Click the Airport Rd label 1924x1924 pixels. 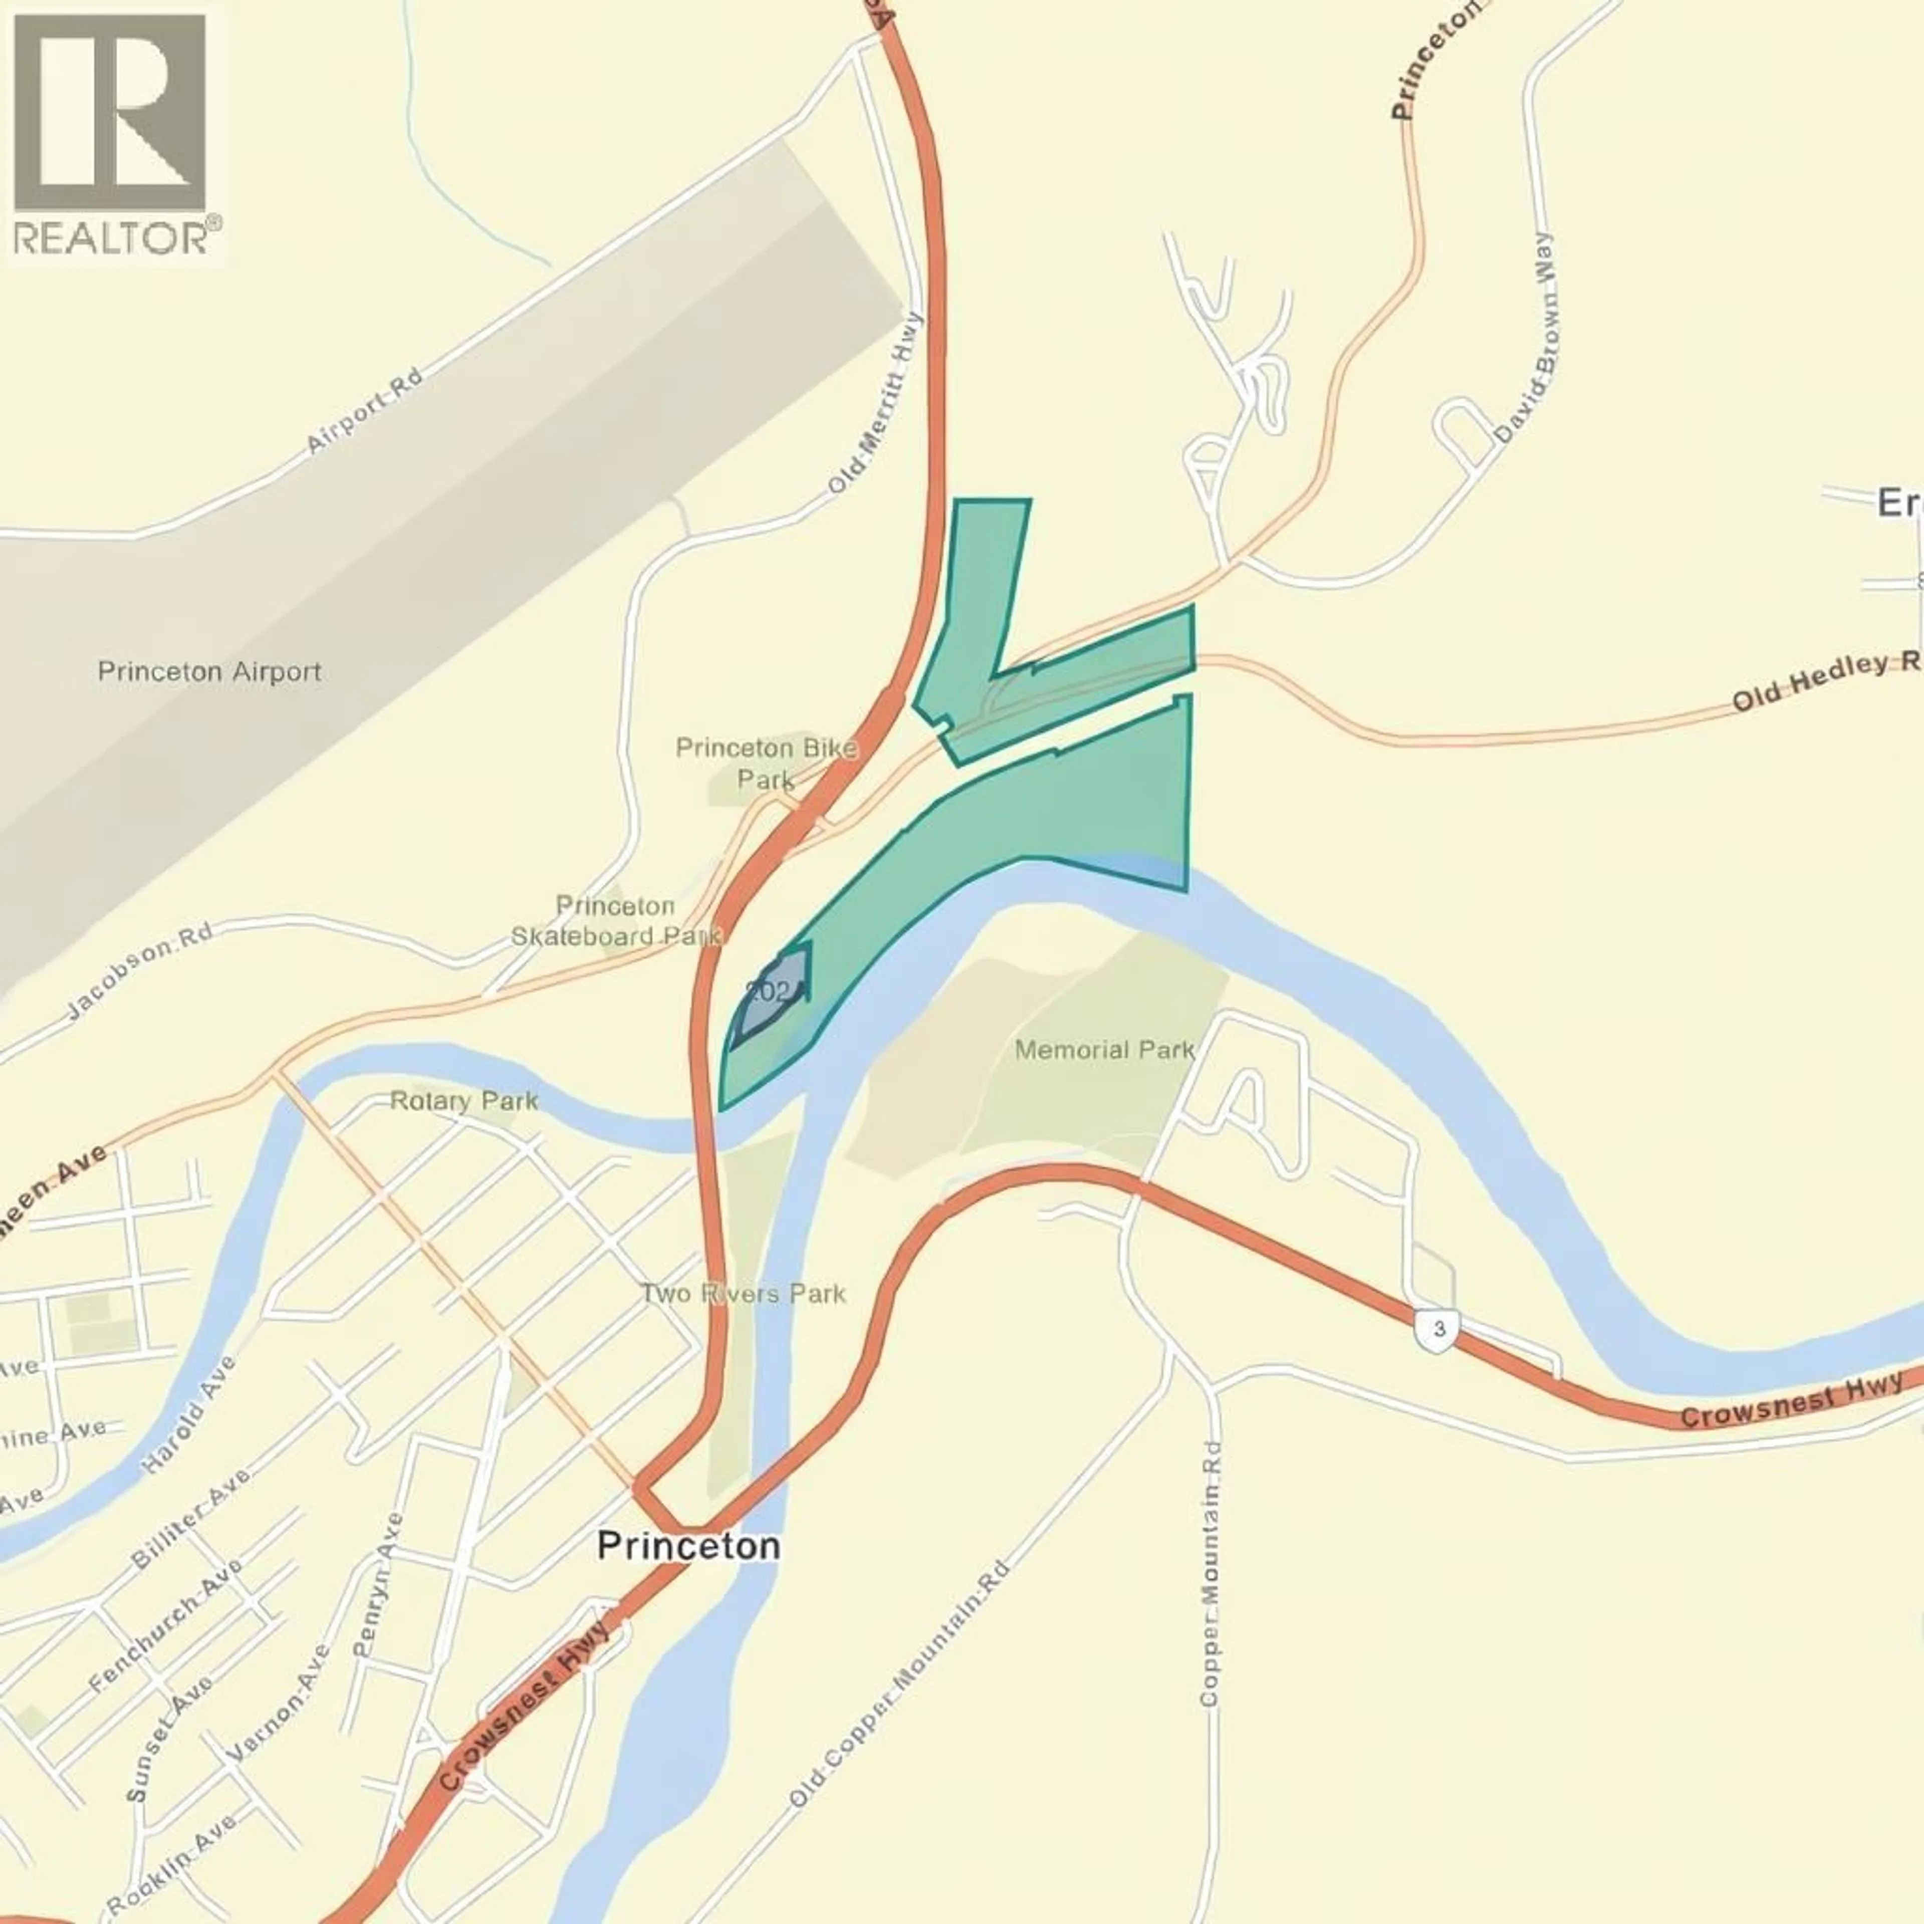363,411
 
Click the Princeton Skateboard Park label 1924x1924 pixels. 615,920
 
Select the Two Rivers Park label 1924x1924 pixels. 743,1294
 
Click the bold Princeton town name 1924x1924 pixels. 688,1546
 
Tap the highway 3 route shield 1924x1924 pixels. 1437,1329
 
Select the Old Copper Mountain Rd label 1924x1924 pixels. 899,1683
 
